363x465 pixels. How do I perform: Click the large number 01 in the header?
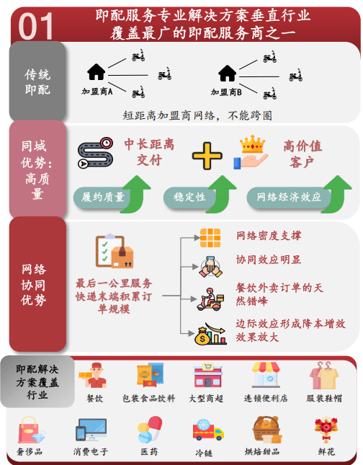coord(35,26)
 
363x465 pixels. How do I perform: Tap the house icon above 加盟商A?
coord(96,72)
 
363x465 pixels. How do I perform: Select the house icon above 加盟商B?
coord(227,73)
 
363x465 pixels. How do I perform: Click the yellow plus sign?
coord(207,156)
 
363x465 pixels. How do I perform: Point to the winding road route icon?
coord(95,153)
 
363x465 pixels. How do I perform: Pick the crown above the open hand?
coord(252,144)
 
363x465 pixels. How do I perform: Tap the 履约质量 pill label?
coord(102,197)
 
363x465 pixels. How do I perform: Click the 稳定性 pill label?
coord(189,197)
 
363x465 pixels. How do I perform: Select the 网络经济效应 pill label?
coord(289,197)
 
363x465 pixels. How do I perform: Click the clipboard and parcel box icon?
coord(115,251)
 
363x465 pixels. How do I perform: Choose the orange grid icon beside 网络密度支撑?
coord(210,238)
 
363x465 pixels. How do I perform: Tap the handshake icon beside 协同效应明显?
coord(210,267)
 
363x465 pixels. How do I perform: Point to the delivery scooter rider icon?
coord(210,299)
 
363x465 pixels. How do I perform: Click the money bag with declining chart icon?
coord(210,334)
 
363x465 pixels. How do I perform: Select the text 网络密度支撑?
coord(269,236)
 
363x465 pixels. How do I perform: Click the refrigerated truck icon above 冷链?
coord(208,430)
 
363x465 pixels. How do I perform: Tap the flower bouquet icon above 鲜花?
coord(326,430)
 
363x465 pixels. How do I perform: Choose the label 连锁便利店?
coord(266,398)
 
